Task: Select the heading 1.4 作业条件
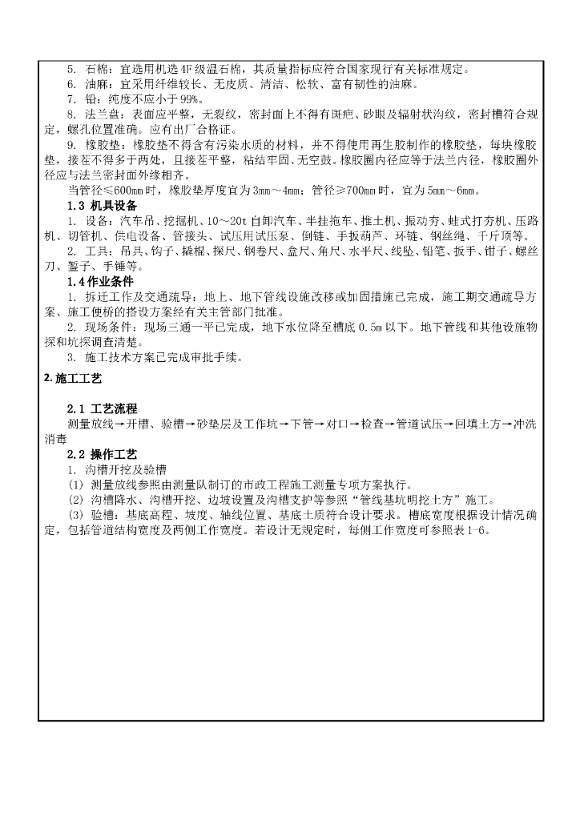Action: [99, 282]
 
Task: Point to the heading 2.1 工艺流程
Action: [102, 408]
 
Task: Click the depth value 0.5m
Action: [398, 327]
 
